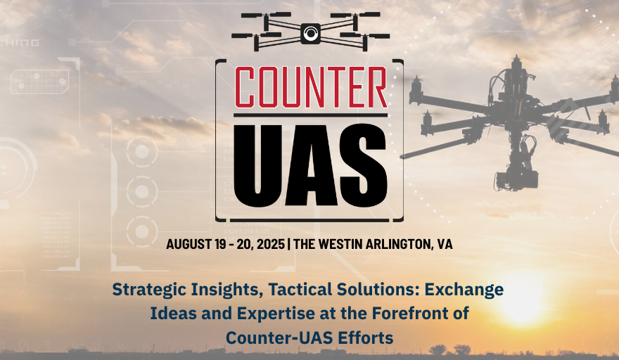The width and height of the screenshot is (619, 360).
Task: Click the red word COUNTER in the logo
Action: click(311, 87)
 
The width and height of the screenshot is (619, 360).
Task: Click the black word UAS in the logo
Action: click(310, 166)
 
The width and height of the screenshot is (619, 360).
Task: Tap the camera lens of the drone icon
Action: click(311, 33)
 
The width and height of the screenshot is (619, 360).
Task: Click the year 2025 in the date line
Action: click(270, 244)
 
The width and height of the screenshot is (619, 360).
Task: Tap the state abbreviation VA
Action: click(445, 244)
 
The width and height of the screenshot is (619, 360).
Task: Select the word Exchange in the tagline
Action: click(464, 290)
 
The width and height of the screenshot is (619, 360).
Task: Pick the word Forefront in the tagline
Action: click(409, 314)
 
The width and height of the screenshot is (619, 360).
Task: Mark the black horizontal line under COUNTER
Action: click(311, 115)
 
